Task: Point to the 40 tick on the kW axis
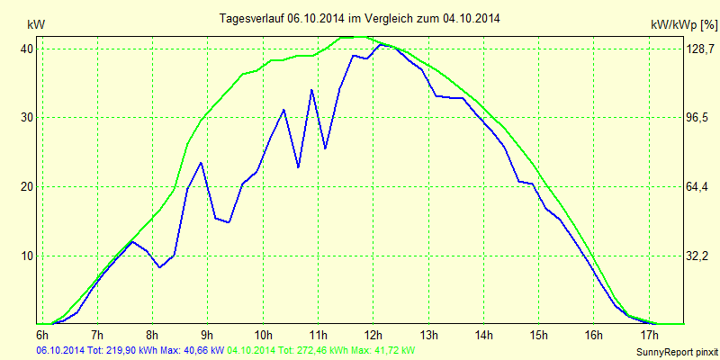(27, 49)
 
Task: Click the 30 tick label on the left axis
(27, 118)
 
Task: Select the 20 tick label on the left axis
(27, 186)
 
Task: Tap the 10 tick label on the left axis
(27, 256)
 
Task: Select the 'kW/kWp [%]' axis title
(683, 25)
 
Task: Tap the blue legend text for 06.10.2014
(130, 349)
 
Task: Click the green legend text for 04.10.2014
(321, 349)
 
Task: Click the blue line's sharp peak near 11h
(311, 90)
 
